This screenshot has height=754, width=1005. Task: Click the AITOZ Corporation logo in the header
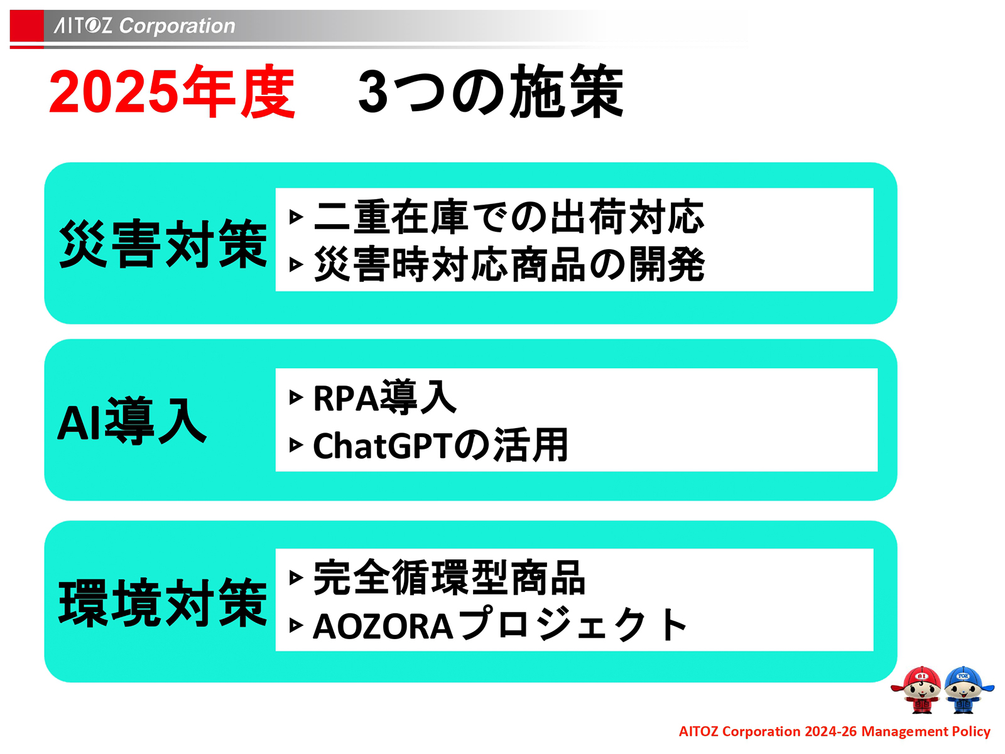(x=144, y=26)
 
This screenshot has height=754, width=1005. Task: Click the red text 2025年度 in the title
(x=171, y=92)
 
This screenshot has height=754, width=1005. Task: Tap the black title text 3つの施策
(x=491, y=92)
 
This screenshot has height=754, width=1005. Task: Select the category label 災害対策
(x=163, y=244)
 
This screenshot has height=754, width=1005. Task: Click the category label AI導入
(x=132, y=421)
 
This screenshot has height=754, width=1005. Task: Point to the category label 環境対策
(x=163, y=603)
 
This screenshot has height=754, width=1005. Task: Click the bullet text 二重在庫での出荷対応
(x=509, y=217)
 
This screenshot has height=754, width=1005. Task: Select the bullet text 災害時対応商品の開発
(x=509, y=264)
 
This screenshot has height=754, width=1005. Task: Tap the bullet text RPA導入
(x=384, y=397)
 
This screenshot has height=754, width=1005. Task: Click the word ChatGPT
(x=383, y=446)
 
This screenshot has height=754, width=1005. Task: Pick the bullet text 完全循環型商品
(x=449, y=578)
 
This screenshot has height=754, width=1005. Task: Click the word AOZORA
(x=383, y=626)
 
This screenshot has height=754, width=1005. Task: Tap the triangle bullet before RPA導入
(x=296, y=397)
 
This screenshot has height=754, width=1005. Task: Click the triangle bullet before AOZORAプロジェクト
(x=296, y=626)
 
